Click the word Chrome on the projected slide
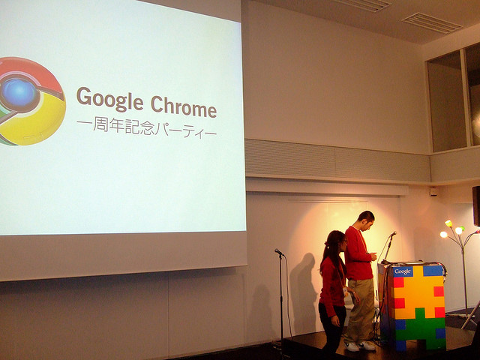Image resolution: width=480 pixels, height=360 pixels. (184, 106)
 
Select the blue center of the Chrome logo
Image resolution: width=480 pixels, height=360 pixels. (19, 92)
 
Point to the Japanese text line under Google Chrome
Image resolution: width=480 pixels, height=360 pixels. (147, 127)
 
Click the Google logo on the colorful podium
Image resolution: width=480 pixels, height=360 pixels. (402, 271)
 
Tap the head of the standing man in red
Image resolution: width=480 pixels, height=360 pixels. (366, 220)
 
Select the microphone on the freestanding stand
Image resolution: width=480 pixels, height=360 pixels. (279, 252)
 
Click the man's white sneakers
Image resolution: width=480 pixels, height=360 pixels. (359, 346)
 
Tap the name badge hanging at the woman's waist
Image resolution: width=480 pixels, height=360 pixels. (346, 291)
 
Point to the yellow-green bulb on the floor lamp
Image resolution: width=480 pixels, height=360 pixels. (448, 223)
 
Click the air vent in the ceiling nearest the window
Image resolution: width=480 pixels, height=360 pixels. (432, 23)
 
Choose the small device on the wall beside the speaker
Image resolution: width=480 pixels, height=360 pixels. (433, 192)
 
